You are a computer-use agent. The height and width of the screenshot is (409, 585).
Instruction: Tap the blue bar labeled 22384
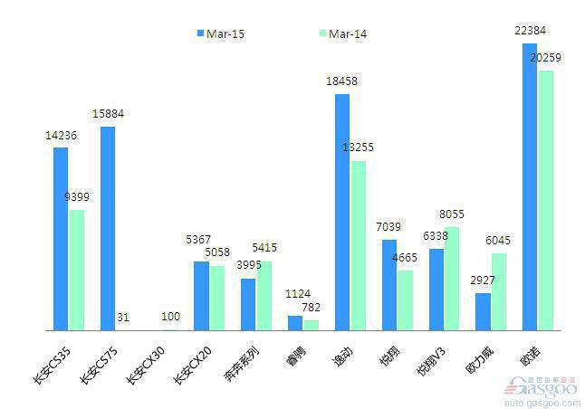530,186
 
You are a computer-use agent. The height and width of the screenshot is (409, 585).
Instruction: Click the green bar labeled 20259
545,200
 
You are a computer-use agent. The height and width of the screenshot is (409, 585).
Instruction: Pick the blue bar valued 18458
342,212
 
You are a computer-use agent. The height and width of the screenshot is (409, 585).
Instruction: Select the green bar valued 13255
359,245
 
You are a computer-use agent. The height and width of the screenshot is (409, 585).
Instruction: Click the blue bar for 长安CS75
108,228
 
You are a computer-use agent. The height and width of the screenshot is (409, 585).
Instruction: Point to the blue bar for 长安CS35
61,238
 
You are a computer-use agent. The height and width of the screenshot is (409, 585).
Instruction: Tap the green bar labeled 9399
76,270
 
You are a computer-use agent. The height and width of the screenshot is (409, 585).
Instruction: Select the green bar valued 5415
264,295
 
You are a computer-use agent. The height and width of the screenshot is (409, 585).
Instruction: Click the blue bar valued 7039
389,284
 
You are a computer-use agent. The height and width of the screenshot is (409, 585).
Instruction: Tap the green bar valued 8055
452,278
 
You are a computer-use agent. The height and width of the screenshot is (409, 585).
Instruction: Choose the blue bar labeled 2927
483,311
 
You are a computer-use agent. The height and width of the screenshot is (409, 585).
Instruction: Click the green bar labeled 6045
499,291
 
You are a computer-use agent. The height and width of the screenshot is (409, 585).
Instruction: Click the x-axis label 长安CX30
144,364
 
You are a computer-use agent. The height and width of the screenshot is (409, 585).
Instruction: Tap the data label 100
170,317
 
